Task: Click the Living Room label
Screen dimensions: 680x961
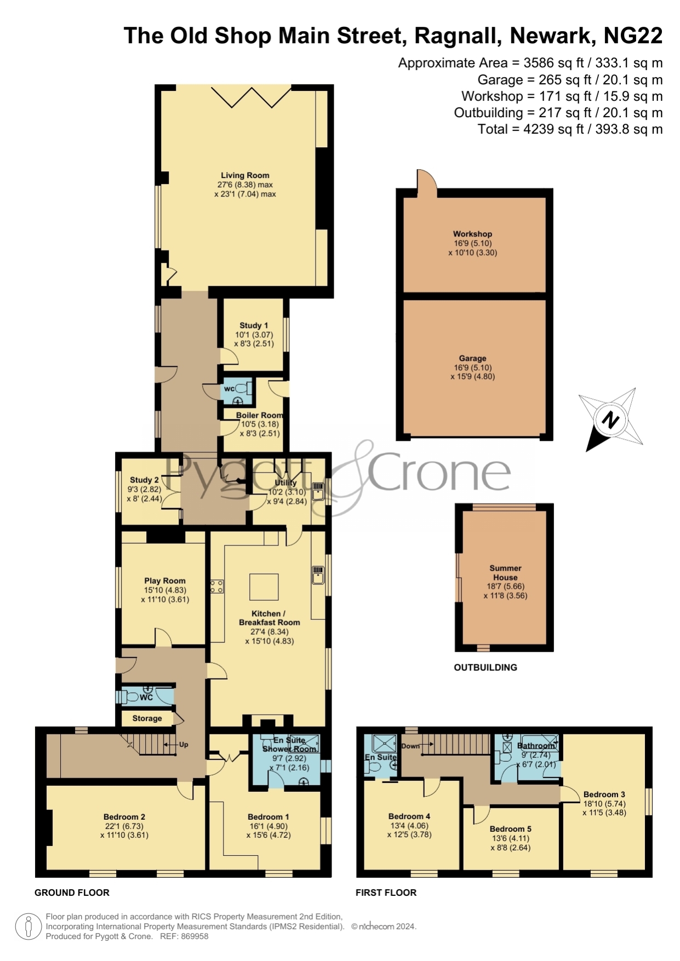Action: [245, 175]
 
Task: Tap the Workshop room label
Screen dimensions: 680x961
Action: [472, 234]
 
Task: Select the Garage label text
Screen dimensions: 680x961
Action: [472, 358]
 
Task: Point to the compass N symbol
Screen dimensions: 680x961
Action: [610, 420]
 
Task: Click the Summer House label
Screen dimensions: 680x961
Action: [505, 573]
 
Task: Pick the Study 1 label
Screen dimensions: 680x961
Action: [254, 325]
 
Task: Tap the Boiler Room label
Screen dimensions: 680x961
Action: [260, 415]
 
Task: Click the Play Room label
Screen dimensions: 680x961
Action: [165, 580]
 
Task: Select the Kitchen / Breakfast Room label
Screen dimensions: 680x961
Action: [269, 618]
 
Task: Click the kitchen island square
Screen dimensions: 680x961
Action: [264, 587]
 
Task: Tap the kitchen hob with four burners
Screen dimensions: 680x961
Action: [217, 587]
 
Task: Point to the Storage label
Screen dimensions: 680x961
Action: [147, 718]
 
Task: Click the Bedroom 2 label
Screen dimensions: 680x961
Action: [124, 817]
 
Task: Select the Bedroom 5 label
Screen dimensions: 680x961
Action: [511, 829]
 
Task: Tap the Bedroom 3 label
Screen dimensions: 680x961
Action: [604, 795]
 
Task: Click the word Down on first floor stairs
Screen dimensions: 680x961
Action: [410, 746]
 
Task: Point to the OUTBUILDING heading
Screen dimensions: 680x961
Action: [485, 667]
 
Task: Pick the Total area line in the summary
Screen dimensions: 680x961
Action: [570, 129]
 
